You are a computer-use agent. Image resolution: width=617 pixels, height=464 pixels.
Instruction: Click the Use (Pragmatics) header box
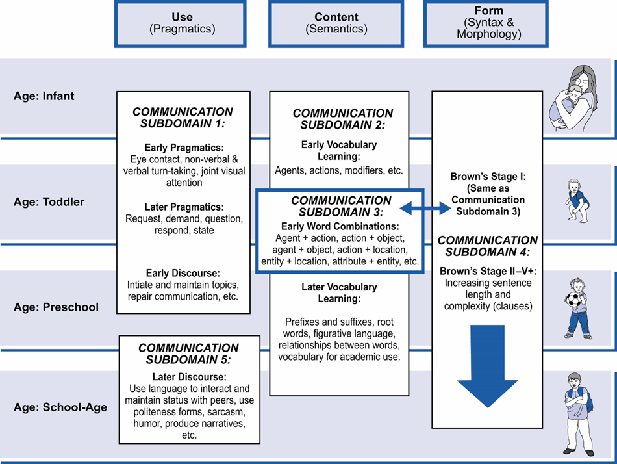tap(180, 23)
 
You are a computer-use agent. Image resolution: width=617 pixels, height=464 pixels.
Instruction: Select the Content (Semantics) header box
tap(336, 23)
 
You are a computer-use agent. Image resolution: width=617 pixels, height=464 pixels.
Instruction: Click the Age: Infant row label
tap(44, 96)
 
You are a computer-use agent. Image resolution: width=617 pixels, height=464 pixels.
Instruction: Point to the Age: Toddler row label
tap(49, 202)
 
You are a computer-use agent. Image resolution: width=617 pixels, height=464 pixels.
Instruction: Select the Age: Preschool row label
tap(56, 307)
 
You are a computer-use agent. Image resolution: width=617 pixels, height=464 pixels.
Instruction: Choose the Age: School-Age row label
tap(60, 408)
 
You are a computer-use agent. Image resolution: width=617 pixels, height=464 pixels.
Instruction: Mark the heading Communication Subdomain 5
tap(188, 354)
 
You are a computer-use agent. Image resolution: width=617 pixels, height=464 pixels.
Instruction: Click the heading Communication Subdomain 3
tap(341, 206)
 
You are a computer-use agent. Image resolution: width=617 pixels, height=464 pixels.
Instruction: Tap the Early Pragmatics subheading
tap(184, 148)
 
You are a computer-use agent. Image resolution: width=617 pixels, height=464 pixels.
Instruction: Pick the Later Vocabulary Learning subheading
tap(339, 293)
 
